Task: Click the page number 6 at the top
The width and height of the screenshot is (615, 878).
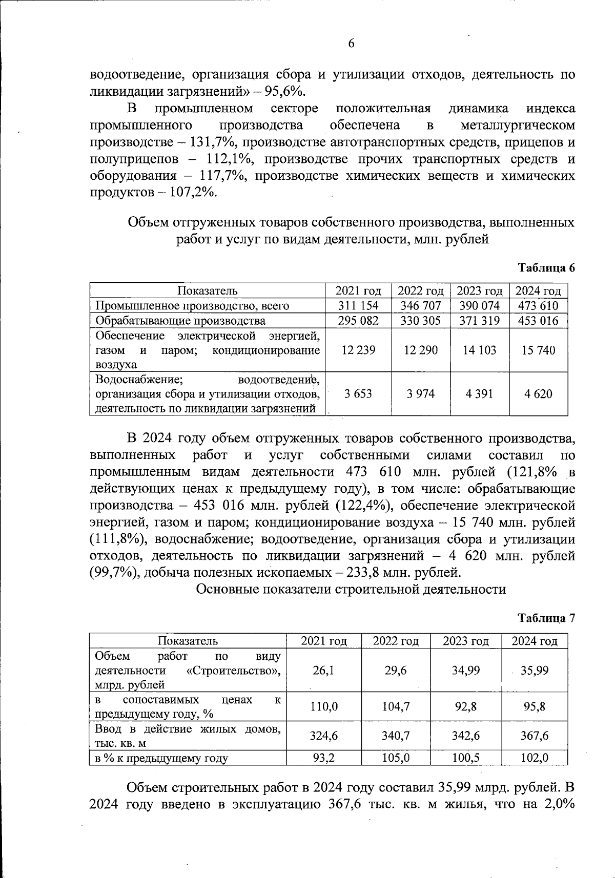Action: click(x=352, y=44)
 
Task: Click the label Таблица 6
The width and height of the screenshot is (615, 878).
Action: click(x=546, y=268)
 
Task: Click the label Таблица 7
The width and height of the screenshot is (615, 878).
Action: click(x=546, y=618)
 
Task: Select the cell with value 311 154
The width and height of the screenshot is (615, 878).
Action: click(x=358, y=306)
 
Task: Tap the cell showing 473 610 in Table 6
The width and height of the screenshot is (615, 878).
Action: click(x=538, y=306)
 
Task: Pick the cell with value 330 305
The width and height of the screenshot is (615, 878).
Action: click(x=420, y=321)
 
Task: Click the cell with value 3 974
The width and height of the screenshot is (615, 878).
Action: click(x=420, y=393)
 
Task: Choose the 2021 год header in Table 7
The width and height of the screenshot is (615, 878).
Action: click(x=323, y=641)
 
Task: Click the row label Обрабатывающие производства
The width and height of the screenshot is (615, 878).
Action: click(x=181, y=321)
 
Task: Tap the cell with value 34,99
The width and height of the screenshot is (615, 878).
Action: click(x=465, y=671)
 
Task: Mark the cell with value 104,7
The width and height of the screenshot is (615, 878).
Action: click(x=396, y=707)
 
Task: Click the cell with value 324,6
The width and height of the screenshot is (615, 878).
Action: click(x=323, y=736)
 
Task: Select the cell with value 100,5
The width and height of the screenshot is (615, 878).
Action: click(x=465, y=758)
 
